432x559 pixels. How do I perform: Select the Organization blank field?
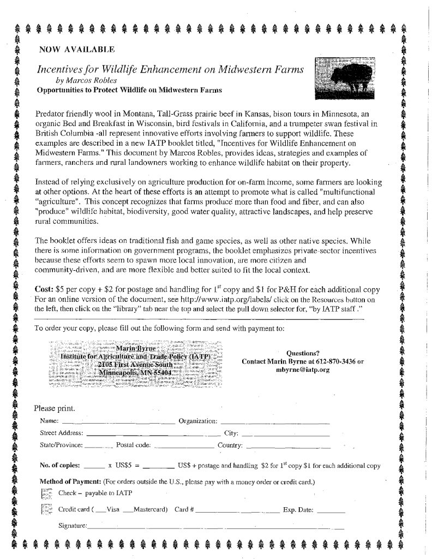(x=275, y=423)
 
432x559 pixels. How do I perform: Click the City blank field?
(x=286, y=435)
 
